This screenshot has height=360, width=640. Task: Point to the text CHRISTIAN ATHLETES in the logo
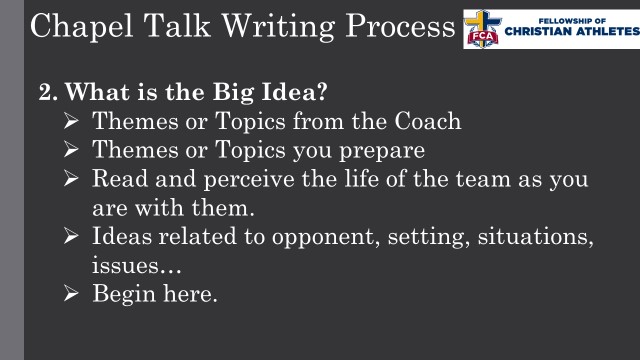pyautogui.click(x=570, y=31)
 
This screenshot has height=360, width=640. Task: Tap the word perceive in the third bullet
pyautogui.click(x=214, y=181)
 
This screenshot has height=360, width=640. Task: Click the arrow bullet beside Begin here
pyautogui.click(x=72, y=296)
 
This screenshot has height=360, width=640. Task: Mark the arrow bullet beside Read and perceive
pyautogui.click(x=72, y=181)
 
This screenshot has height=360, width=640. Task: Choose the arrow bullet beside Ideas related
pyautogui.click(x=72, y=239)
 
